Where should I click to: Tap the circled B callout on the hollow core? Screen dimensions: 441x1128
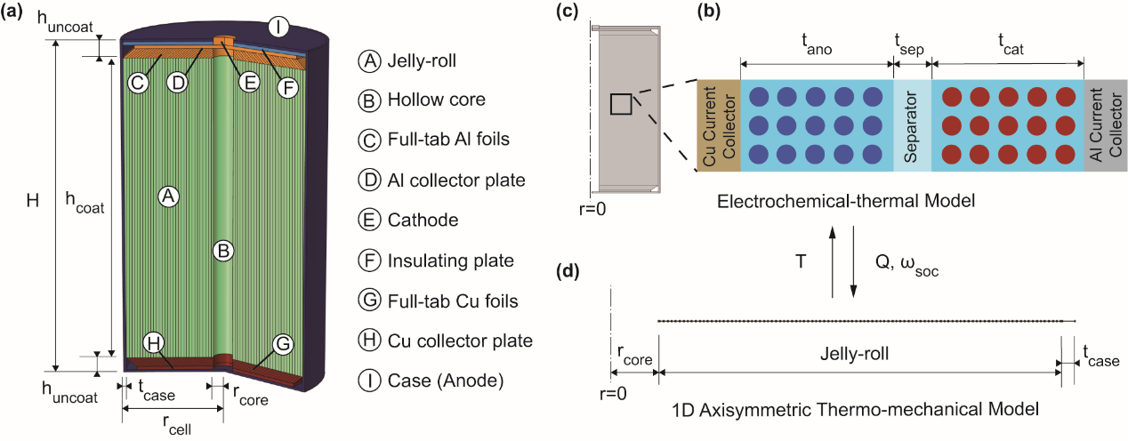225,253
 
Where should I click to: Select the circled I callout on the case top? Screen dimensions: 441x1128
278,28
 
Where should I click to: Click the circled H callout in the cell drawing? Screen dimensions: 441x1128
156,342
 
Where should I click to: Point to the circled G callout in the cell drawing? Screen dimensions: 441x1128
284,342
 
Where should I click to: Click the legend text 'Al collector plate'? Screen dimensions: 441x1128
456,180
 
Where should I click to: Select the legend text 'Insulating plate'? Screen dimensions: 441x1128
450,261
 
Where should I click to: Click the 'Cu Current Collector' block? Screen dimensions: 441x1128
718,126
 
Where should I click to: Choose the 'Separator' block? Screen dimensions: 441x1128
912,126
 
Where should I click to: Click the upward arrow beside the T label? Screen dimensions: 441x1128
832,261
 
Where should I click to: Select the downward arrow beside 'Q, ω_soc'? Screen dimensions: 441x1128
853,261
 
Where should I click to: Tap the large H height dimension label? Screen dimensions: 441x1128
32,201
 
